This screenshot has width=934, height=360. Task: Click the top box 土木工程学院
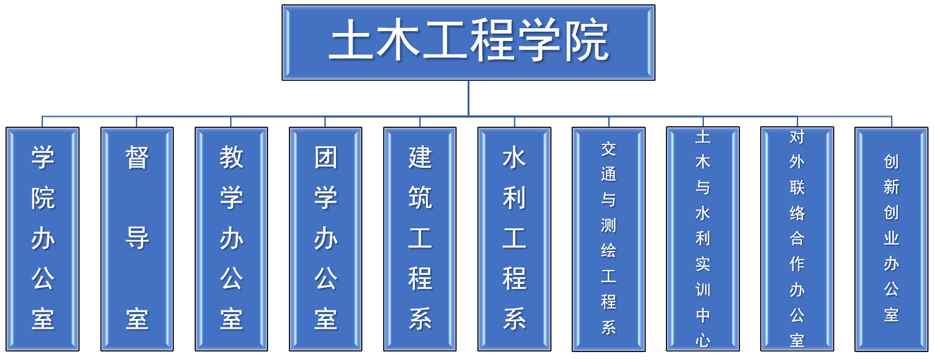coord(468,42)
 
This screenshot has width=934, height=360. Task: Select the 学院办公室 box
coord(42,239)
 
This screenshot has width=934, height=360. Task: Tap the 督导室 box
coord(136,239)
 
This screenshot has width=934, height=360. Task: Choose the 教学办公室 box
coord(231,239)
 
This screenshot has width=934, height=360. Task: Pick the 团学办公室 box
coord(326,239)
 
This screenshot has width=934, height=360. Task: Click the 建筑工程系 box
coord(420,239)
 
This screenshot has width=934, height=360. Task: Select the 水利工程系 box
coord(514,239)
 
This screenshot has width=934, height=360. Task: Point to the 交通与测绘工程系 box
coord(609,239)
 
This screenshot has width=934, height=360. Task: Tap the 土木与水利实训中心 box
coord(703,239)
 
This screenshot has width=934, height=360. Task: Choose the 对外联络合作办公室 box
coord(798,239)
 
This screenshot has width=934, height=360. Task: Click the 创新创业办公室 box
coord(892,239)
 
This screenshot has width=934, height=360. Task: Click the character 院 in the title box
coord(586,40)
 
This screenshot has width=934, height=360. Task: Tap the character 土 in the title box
coord(351,40)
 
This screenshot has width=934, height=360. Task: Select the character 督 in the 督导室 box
coord(136,157)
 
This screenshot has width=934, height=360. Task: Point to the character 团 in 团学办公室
coord(326,157)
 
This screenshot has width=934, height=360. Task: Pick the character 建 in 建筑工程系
coord(420,157)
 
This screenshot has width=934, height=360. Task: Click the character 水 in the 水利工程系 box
coord(514,158)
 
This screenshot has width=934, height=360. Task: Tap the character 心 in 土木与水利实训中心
coord(703,340)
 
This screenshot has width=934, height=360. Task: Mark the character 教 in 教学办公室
coord(231,157)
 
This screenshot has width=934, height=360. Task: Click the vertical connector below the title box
coord(468,98)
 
